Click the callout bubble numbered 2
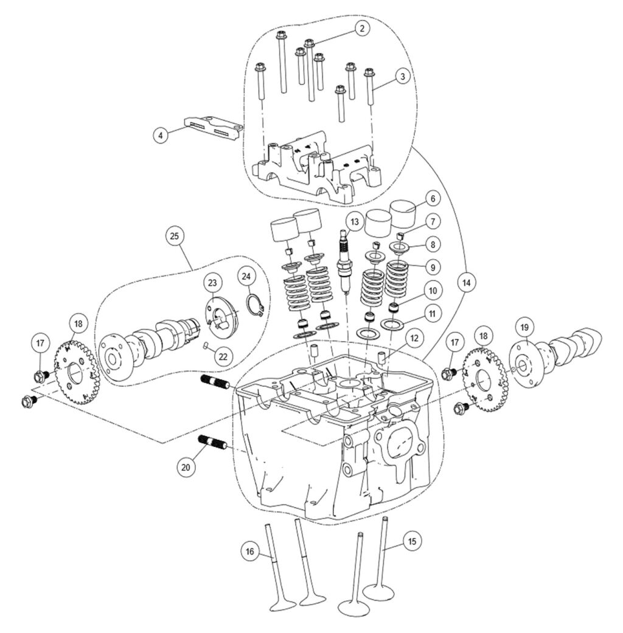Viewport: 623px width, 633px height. [x=361, y=28]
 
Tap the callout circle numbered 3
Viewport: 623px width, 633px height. [x=401, y=77]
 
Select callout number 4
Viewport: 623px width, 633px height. [x=161, y=135]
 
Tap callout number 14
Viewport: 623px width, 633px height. [x=467, y=282]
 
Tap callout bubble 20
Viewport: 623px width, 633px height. [x=186, y=467]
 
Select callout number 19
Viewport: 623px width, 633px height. [x=524, y=327]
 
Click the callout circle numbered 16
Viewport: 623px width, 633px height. [x=249, y=552]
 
